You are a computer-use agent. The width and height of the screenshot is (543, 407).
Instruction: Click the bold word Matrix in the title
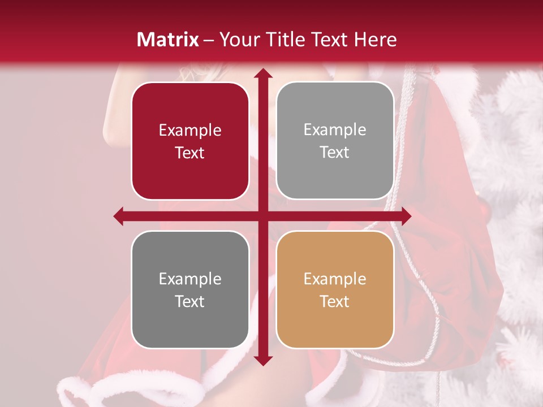click(168, 40)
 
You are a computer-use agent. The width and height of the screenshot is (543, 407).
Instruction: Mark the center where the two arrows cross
click(263, 216)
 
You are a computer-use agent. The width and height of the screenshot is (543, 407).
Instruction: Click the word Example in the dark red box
click(190, 131)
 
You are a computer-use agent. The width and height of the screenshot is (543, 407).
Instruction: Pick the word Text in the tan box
click(335, 301)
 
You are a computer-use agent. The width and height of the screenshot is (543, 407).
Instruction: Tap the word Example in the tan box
click(335, 279)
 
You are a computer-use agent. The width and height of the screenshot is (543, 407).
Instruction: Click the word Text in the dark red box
click(190, 153)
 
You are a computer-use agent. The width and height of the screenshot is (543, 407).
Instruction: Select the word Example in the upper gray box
click(335, 130)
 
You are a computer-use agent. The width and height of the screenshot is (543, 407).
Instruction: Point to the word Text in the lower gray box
click(190, 301)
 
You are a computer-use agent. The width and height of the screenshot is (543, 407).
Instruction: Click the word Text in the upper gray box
click(335, 152)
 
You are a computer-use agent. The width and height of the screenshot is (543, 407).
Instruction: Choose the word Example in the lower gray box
click(190, 279)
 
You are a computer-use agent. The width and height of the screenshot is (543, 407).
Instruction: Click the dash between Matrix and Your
click(209, 40)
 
